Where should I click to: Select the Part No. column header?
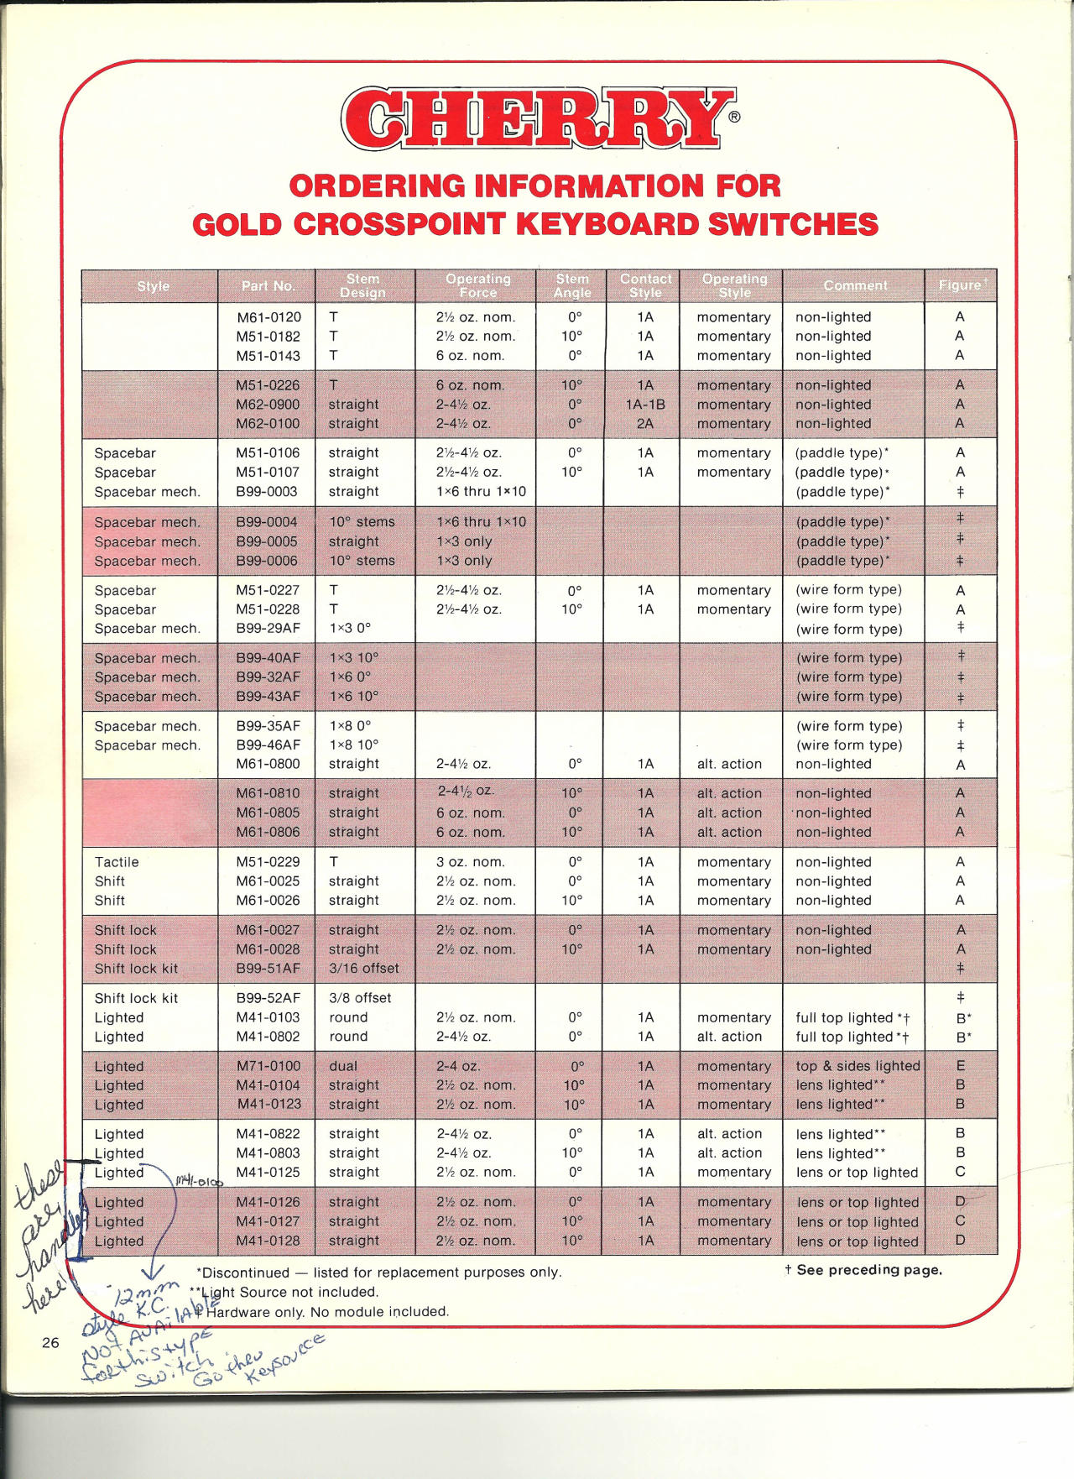(268, 286)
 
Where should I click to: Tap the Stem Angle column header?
(572, 285)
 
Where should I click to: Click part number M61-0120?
(268, 317)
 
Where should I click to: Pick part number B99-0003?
(268, 492)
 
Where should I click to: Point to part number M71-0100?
(268, 1066)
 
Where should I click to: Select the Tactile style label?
(117, 862)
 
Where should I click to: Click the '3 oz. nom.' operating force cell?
(470, 862)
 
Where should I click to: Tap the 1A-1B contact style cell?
(644, 405)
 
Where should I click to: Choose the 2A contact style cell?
(644, 424)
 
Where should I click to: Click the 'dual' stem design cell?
(343, 1066)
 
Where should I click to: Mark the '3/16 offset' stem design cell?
(363, 969)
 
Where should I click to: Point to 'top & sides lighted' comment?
(858, 1066)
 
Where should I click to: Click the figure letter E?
(960, 1066)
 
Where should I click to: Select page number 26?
(50, 1343)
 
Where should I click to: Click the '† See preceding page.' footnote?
(863, 1270)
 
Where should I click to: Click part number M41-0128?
(268, 1241)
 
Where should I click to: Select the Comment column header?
(854, 286)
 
